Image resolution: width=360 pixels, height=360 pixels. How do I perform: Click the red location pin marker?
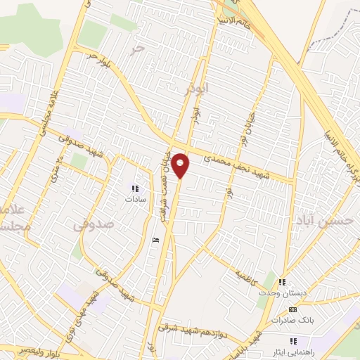point(181,165)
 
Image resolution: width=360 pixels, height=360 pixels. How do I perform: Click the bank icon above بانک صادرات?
point(293,309)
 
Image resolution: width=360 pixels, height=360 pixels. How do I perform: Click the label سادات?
point(134,199)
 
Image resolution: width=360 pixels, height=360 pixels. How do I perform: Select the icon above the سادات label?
point(134,188)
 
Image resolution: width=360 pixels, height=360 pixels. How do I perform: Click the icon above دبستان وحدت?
point(283,281)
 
